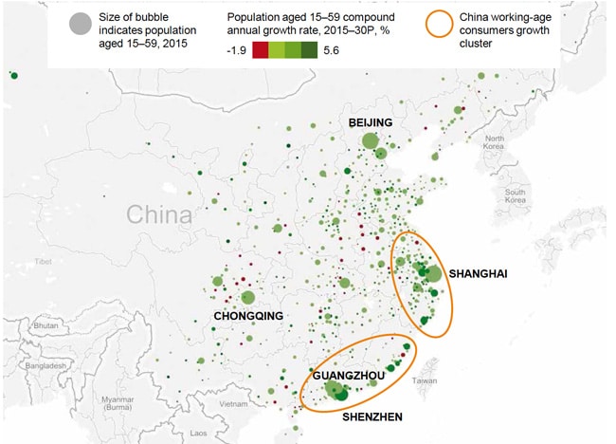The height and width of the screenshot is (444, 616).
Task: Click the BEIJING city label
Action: point(371,122)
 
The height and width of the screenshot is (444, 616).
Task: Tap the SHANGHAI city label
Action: point(480,274)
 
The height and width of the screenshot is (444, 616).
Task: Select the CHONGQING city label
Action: point(249,315)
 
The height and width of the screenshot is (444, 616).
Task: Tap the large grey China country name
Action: point(160,214)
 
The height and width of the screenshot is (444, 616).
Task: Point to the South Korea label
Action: point(516,196)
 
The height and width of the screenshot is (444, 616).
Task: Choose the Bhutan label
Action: point(44,324)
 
